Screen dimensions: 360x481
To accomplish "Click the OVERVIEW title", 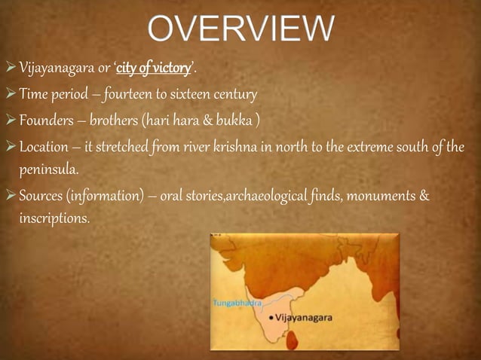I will [x=240, y=31].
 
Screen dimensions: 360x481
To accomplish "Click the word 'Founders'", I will [x=45, y=121].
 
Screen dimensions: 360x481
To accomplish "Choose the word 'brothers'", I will [x=124, y=121].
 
